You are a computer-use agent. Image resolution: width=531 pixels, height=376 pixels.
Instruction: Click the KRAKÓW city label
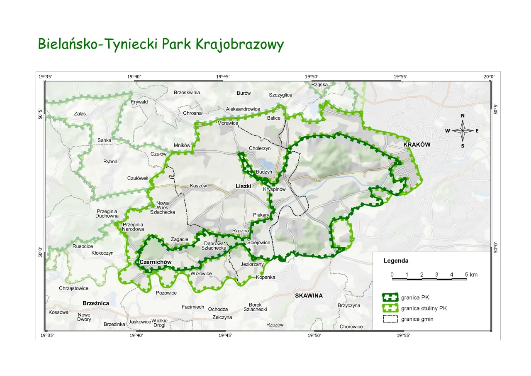pyautogui.click(x=417, y=145)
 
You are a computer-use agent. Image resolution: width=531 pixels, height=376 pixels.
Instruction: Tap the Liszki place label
pyautogui.click(x=244, y=186)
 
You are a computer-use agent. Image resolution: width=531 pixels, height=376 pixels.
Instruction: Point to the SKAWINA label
pyautogui.click(x=309, y=296)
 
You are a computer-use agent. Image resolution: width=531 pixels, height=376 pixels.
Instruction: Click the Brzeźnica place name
pyautogui.click(x=96, y=303)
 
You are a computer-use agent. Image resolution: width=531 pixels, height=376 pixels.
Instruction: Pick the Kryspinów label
pyautogui.click(x=275, y=189)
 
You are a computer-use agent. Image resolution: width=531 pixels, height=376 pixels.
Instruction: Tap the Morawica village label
pyautogui.click(x=228, y=123)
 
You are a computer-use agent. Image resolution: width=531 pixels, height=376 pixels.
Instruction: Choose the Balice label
pyautogui.click(x=274, y=118)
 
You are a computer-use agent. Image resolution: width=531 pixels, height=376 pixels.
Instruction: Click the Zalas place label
pyautogui.click(x=80, y=113)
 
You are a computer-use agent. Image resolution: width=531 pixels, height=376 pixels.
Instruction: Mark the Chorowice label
pyautogui.click(x=351, y=327)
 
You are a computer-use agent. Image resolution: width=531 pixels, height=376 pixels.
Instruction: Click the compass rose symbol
pyautogui.click(x=463, y=130)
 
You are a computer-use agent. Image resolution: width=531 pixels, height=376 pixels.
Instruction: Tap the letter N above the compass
pyautogui.click(x=463, y=116)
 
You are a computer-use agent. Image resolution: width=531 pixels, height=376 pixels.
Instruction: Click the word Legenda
pyautogui.click(x=396, y=261)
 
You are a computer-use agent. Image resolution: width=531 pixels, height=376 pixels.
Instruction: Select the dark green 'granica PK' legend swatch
pyautogui.click(x=390, y=297)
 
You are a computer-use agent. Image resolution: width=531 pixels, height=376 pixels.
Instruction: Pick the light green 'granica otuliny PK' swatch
pyautogui.click(x=390, y=308)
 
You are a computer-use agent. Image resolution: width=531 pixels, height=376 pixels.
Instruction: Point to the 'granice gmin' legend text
pyautogui.click(x=417, y=319)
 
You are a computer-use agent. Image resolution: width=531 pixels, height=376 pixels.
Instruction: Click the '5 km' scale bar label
pyautogui.click(x=471, y=275)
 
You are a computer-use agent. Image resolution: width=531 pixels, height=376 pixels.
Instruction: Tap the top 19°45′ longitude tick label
pyautogui.click(x=223, y=76)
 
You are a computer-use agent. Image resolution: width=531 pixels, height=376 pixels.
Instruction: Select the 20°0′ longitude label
pyautogui.click(x=489, y=76)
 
